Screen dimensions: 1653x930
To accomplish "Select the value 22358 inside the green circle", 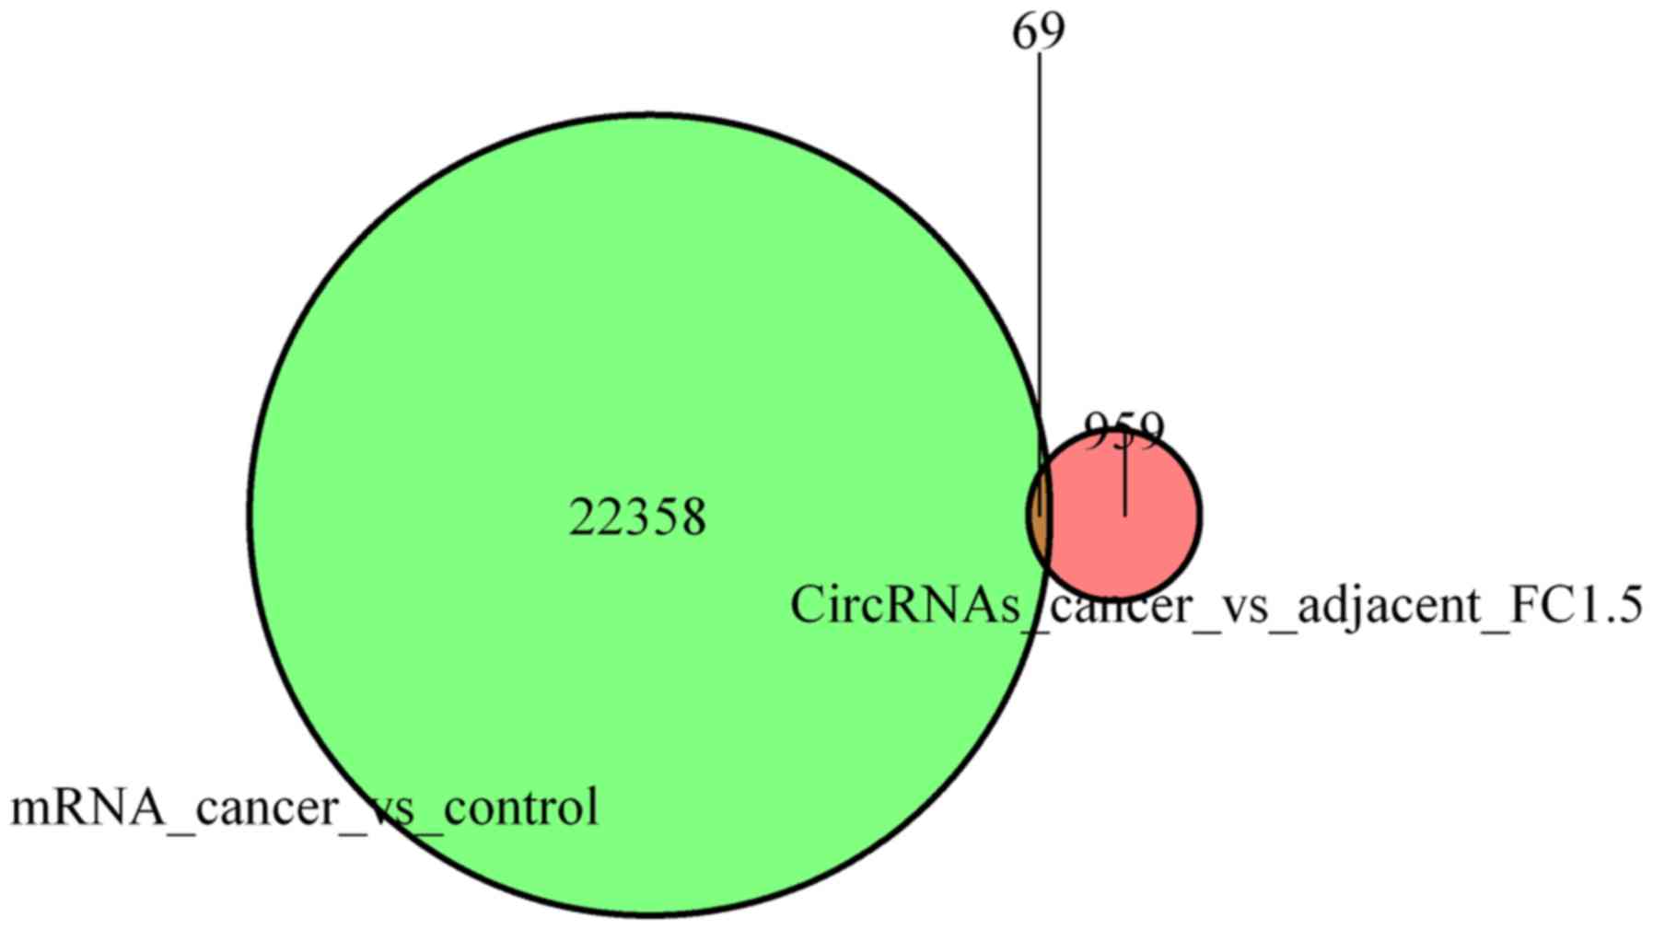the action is (637, 517).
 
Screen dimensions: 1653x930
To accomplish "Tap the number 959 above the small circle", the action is (1123, 429).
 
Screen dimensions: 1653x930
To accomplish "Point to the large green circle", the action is (553, 368).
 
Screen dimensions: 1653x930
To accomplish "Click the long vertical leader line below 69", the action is (1041, 230).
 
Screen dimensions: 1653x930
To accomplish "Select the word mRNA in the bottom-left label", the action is (83, 808).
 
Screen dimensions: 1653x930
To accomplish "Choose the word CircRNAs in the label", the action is (902, 606).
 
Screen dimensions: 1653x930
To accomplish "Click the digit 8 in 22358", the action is (691, 517).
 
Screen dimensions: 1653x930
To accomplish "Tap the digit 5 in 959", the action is (1123, 429).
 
